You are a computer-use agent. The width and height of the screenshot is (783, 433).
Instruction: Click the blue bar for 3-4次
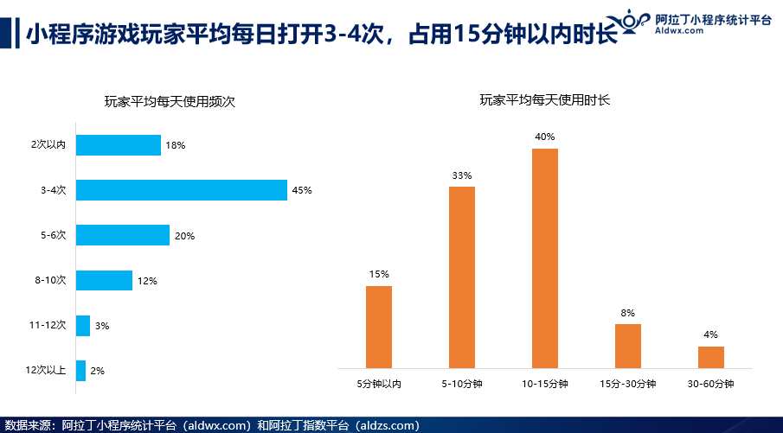(182, 190)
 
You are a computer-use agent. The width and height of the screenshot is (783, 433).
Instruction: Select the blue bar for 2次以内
(119, 145)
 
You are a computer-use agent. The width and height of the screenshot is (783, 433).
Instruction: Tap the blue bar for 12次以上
(81, 371)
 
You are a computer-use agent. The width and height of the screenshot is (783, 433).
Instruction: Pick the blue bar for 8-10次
(105, 280)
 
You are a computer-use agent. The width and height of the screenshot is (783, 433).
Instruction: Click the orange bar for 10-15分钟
(545, 258)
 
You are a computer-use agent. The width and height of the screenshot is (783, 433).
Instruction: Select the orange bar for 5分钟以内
(379, 328)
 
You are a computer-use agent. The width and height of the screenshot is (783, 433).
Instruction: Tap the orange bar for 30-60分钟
(711, 357)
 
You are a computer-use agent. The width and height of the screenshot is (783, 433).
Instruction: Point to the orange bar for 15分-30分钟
(628, 347)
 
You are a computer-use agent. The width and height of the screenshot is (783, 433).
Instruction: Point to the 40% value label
(545, 137)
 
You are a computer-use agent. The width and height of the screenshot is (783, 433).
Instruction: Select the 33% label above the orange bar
(462, 175)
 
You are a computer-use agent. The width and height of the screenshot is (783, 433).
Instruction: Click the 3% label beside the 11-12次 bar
(102, 326)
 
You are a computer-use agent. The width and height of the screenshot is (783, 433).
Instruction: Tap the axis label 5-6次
(55, 235)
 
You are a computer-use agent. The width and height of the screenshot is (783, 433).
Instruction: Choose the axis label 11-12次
(48, 326)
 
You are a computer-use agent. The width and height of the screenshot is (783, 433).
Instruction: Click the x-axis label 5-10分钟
(462, 384)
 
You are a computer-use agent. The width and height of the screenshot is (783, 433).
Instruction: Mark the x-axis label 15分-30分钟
(628, 384)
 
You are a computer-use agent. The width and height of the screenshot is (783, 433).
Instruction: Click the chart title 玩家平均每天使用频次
(170, 102)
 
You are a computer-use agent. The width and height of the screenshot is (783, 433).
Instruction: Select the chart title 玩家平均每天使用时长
(545, 100)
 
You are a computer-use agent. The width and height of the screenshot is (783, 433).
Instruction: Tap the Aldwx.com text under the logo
(678, 30)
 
